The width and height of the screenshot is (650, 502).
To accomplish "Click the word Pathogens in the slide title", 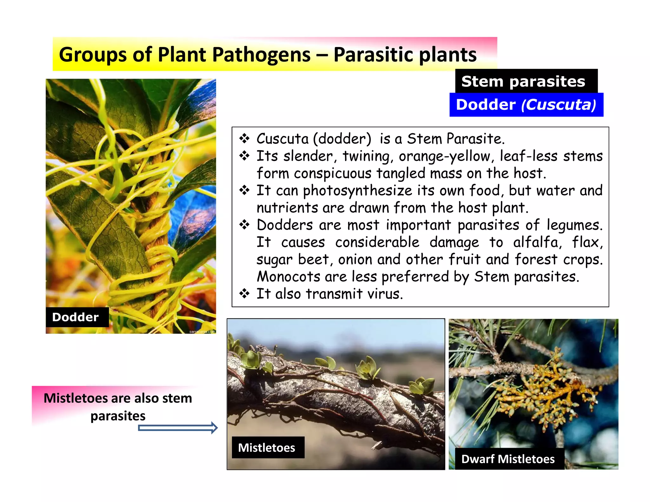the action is click(x=261, y=55).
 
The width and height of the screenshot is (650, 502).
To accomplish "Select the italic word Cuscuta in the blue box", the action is click(x=558, y=105).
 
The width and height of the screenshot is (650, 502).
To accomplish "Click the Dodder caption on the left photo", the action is click(x=76, y=317).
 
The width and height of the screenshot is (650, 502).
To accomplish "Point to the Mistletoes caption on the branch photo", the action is click(x=267, y=447).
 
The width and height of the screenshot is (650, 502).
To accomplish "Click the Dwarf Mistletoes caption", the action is click(x=508, y=459).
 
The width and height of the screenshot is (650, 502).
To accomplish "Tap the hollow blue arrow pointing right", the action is click(x=178, y=428).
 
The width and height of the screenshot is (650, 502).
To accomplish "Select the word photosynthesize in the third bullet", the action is click(x=357, y=191).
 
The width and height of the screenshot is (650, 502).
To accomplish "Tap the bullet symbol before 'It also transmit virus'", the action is click(x=244, y=294).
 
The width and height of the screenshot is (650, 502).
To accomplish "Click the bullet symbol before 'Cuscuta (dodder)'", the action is click(x=244, y=138).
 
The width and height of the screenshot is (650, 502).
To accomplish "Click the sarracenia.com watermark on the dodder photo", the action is click(x=202, y=332).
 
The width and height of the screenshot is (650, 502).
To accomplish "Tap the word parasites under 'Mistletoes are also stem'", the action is click(x=118, y=416).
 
